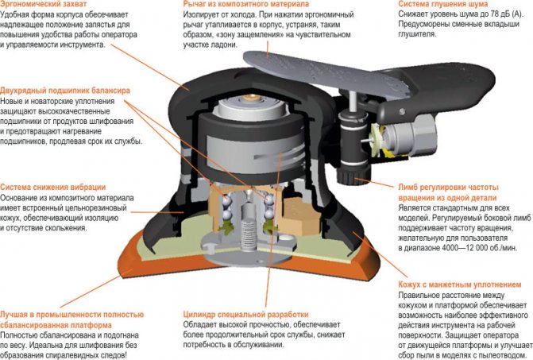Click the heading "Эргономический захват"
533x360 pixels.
tap(40, 5)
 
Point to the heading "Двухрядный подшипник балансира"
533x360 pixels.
tap(66, 92)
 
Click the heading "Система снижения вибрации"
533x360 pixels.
tap(53, 187)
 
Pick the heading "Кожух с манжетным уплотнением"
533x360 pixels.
tap(460, 285)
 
